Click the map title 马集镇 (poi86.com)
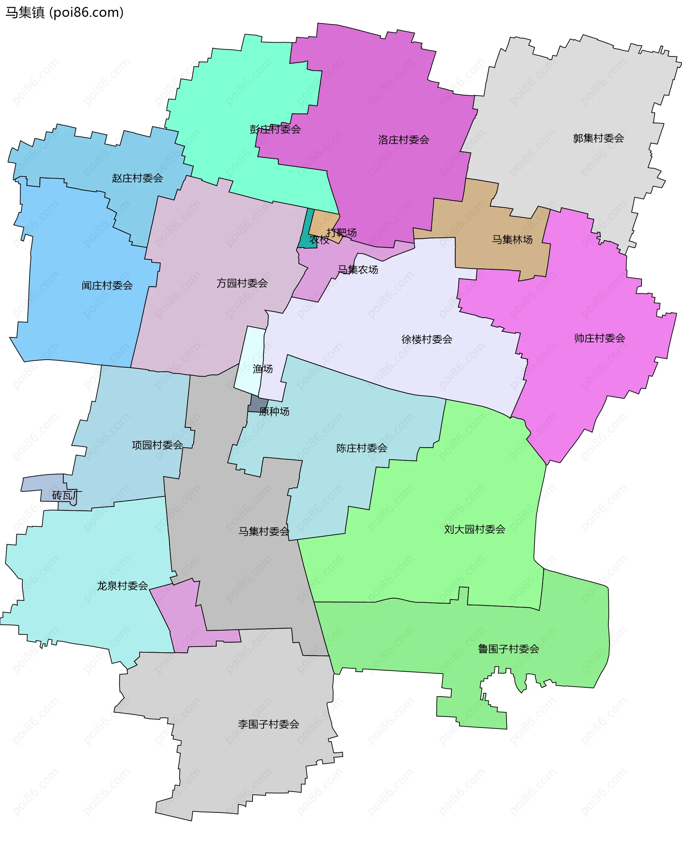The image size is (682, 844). (64, 12)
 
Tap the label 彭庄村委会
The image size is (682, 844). (275, 129)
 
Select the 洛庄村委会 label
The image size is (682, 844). (404, 140)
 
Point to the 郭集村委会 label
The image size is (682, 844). (598, 138)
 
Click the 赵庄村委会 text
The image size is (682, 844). (137, 178)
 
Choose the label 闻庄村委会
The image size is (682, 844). (107, 285)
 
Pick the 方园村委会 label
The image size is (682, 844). (242, 283)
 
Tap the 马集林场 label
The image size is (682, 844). (512, 240)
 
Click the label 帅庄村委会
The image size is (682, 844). (599, 338)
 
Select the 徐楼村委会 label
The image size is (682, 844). (427, 339)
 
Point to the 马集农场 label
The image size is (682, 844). (358, 270)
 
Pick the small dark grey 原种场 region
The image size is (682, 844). (258, 404)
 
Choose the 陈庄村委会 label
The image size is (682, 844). (362, 448)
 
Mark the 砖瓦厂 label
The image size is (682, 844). (67, 495)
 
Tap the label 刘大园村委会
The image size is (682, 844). (474, 529)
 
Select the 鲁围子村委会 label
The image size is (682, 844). (508, 649)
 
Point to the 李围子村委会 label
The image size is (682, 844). (268, 724)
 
